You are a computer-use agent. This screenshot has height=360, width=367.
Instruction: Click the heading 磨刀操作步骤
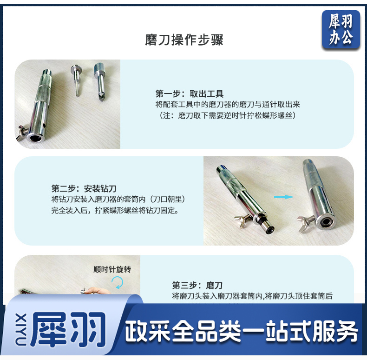(184, 40)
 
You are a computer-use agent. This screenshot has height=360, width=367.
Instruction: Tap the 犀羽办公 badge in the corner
(341, 30)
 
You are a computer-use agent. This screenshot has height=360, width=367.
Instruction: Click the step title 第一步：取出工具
(190, 94)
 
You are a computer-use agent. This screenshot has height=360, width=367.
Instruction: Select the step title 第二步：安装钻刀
(84, 188)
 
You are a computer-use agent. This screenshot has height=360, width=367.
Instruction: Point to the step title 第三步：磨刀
(197, 285)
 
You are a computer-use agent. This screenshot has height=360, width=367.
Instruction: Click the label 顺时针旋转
(112, 269)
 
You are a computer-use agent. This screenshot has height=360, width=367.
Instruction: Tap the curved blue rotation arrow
(118, 282)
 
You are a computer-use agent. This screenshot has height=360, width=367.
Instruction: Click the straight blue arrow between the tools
(284, 197)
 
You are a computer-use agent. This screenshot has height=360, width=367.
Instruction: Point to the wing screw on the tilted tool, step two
(243, 220)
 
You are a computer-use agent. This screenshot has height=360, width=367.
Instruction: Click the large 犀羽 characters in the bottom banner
(68, 329)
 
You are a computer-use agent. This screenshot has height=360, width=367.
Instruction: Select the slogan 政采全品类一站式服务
(242, 331)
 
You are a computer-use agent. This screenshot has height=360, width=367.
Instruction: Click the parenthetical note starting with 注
(227, 115)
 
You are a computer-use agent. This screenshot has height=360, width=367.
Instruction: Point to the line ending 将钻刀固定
(115, 210)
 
